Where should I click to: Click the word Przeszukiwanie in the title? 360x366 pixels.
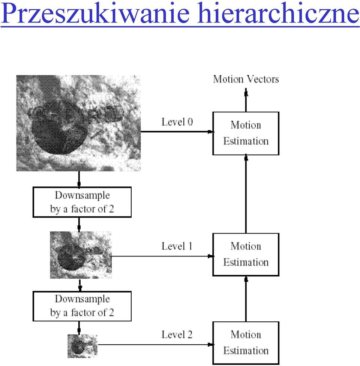tap(95, 13)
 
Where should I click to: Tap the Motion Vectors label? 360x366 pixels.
tap(246, 79)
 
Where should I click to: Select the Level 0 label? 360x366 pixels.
tap(177, 122)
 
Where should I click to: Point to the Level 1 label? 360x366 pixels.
tap(177, 246)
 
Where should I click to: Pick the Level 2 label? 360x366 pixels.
tap(177, 335)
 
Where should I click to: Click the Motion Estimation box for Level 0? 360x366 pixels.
tap(246, 133)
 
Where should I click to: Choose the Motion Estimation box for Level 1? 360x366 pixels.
tap(246, 254)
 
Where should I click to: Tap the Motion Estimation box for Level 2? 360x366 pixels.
tap(246, 343)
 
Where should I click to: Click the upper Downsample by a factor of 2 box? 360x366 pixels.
tap(82, 202)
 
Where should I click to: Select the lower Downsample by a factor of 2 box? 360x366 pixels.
tap(82, 306)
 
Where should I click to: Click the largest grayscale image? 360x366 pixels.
tap(78, 123)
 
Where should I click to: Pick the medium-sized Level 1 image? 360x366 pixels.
tap(81, 255)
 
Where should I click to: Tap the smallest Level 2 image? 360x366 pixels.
tap(82, 346)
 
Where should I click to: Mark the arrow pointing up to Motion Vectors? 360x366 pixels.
tap(246, 100)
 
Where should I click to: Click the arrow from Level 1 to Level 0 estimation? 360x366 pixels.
tap(246, 194)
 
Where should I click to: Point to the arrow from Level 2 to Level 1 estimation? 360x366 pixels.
tap(246, 299)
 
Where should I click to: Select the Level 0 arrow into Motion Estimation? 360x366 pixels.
tap(177, 132)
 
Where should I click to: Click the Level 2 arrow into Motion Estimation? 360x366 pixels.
tap(155, 345)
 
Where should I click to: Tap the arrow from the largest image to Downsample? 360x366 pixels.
tap(79, 179)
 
